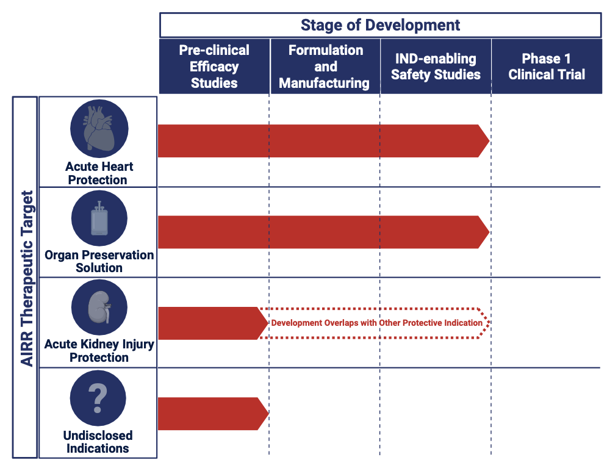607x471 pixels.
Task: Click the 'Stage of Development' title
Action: (x=380, y=25)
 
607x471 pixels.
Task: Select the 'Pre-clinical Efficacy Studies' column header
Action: (x=214, y=67)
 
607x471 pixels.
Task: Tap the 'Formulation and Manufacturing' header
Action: (x=325, y=67)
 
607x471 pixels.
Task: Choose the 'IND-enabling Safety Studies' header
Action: (x=436, y=67)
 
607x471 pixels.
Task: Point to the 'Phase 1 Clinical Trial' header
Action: (x=547, y=67)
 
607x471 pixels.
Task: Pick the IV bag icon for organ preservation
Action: (x=99, y=218)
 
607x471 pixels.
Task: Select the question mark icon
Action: (x=98, y=398)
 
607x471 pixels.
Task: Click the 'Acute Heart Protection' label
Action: (x=98, y=173)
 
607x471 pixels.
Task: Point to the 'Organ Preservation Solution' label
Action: (x=99, y=261)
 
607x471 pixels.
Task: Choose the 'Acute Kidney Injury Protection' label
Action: (x=99, y=351)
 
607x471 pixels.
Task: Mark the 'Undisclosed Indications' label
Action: (x=98, y=442)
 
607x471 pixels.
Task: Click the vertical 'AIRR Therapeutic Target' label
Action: (x=26, y=278)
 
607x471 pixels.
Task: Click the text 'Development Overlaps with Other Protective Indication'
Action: (x=376, y=323)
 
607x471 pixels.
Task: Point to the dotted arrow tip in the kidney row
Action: (x=486, y=323)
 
